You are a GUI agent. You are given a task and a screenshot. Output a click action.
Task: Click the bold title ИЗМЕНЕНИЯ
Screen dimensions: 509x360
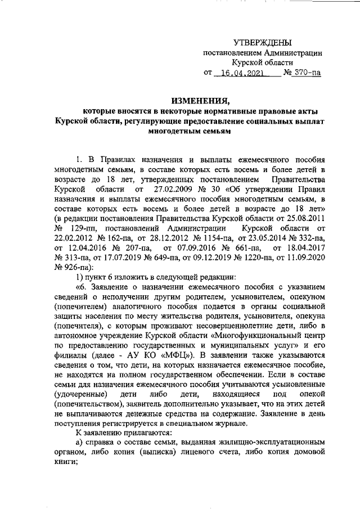182,101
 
